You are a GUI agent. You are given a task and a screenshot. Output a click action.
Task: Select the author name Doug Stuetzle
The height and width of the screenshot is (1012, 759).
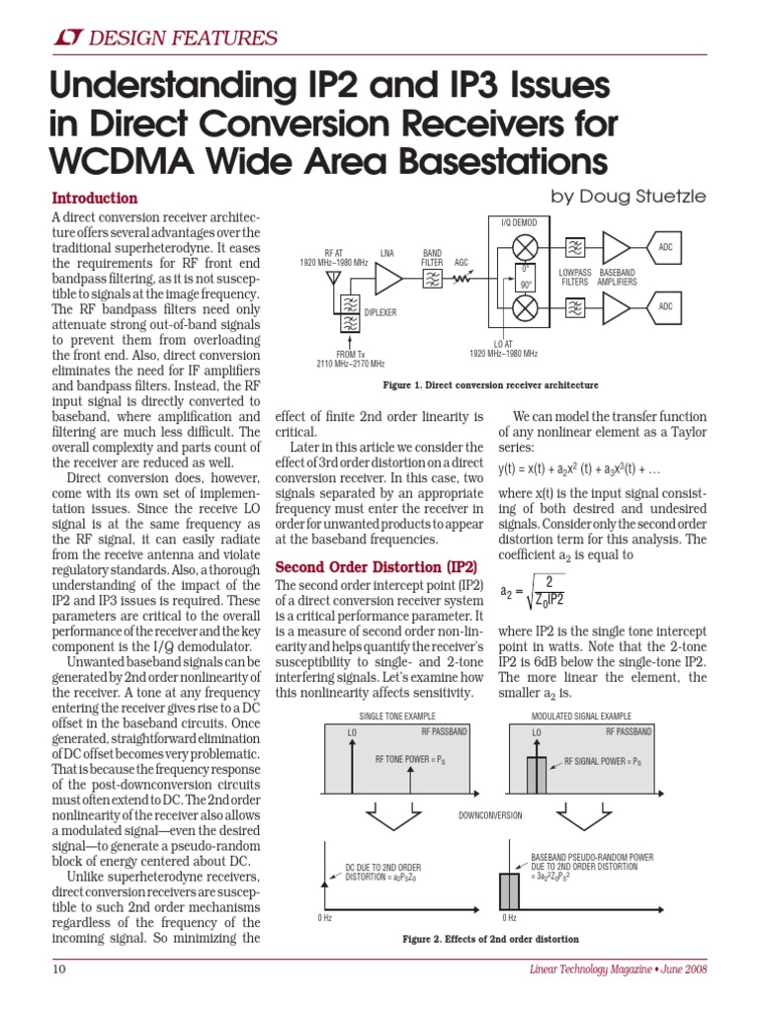click(x=629, y=197)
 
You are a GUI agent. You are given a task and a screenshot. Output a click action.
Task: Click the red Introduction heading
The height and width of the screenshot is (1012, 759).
click(x=94, y=198)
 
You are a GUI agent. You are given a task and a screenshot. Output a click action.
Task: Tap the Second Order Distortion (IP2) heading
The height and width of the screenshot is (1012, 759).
click(x=376, y=567)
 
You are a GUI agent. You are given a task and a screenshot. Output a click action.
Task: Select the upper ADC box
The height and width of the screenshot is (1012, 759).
click(x=665, y=246)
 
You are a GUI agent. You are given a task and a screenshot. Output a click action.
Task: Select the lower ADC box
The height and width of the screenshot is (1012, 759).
click(x=665, y=307)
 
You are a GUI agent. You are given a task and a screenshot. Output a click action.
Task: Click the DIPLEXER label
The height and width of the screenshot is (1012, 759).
click(x=379, y=311)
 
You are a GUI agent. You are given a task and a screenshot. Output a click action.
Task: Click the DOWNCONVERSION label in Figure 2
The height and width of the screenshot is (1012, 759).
click(x=489, y=815)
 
